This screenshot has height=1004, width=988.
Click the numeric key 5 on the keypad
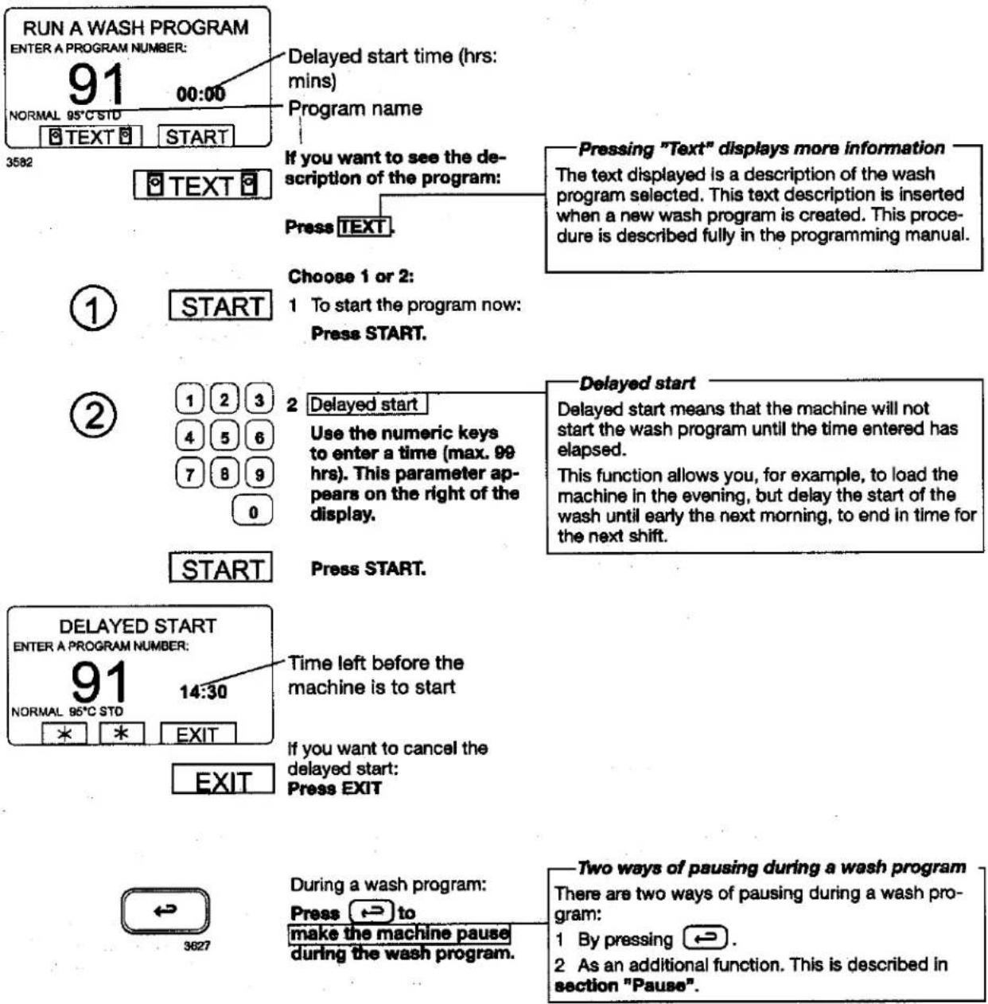pyautogui.click(x=224, y=437)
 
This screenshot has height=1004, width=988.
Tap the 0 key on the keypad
pyautogui.click(x=252, y=511)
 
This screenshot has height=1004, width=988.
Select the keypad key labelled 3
pyautogui.click(x=259, y=399)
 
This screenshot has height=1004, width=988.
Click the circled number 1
pyautogui.click(x=93, y=307)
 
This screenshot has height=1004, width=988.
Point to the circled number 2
pyautogui.click(x=93, y=415)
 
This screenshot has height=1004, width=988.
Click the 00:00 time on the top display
pyautogui.click(x=200, y=95)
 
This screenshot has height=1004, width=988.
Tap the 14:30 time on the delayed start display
pyautogui.click(x=203, y=692)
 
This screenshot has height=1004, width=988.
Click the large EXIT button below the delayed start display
pyautogui.click(x=223, y=779)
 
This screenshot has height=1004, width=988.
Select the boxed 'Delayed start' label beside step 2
pyautogui.click(x=367, y=404)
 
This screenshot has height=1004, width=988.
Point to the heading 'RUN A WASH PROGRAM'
pyautogui.click(x=135, y=28)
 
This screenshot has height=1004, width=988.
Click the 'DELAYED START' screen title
pyautogui.click(x=138, y=626)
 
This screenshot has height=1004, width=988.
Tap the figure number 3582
pyautogui.click(x=19, y=162)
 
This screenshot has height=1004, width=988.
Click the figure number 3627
pyautogui.click(x=197, y=946)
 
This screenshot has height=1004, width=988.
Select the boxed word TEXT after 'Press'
pyautogui.click(x=364, y=227)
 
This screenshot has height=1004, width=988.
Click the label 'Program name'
pyautogui.click(x=355, y=108)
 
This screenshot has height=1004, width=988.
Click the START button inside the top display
pyautogui.click(x=196, y=137)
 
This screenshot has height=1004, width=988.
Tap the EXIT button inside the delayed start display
pyautogui.click(x=197, y=734)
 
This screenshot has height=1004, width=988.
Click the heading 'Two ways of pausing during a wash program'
pyautogui.click(x=771, y=867)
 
